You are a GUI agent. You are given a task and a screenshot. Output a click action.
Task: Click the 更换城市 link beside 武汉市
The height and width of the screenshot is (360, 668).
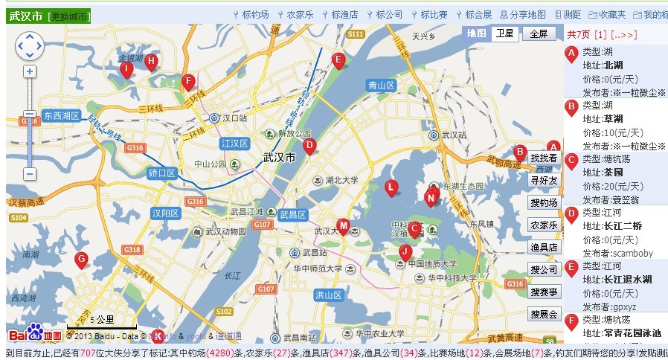69,16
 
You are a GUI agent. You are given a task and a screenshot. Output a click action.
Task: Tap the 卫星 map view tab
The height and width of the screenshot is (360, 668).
504,33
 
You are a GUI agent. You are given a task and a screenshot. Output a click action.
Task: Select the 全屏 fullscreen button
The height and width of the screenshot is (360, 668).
539,33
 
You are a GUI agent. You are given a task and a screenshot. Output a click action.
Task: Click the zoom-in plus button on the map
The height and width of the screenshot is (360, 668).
29,71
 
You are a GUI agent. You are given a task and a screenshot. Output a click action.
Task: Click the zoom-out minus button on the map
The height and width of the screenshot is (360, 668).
29,173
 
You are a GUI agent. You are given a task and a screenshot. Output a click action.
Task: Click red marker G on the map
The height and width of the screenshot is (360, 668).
82,260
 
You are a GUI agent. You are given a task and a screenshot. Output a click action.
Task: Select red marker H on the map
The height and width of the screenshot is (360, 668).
151,62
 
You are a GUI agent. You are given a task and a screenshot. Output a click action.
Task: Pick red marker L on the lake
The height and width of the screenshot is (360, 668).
391,187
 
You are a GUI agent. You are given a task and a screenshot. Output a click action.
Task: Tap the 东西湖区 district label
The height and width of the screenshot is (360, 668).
61,116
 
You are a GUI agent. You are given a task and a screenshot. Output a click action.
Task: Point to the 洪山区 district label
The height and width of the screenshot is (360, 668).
328,295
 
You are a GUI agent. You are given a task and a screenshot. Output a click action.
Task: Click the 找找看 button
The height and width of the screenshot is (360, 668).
543,158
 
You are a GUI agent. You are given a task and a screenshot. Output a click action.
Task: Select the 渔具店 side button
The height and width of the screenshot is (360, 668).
543,247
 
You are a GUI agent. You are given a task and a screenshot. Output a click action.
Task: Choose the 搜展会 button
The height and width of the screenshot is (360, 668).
543,314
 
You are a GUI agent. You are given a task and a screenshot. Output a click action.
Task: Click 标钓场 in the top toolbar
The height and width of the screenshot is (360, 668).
255,14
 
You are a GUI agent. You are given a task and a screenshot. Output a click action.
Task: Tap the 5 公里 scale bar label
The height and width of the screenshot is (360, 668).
102,320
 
